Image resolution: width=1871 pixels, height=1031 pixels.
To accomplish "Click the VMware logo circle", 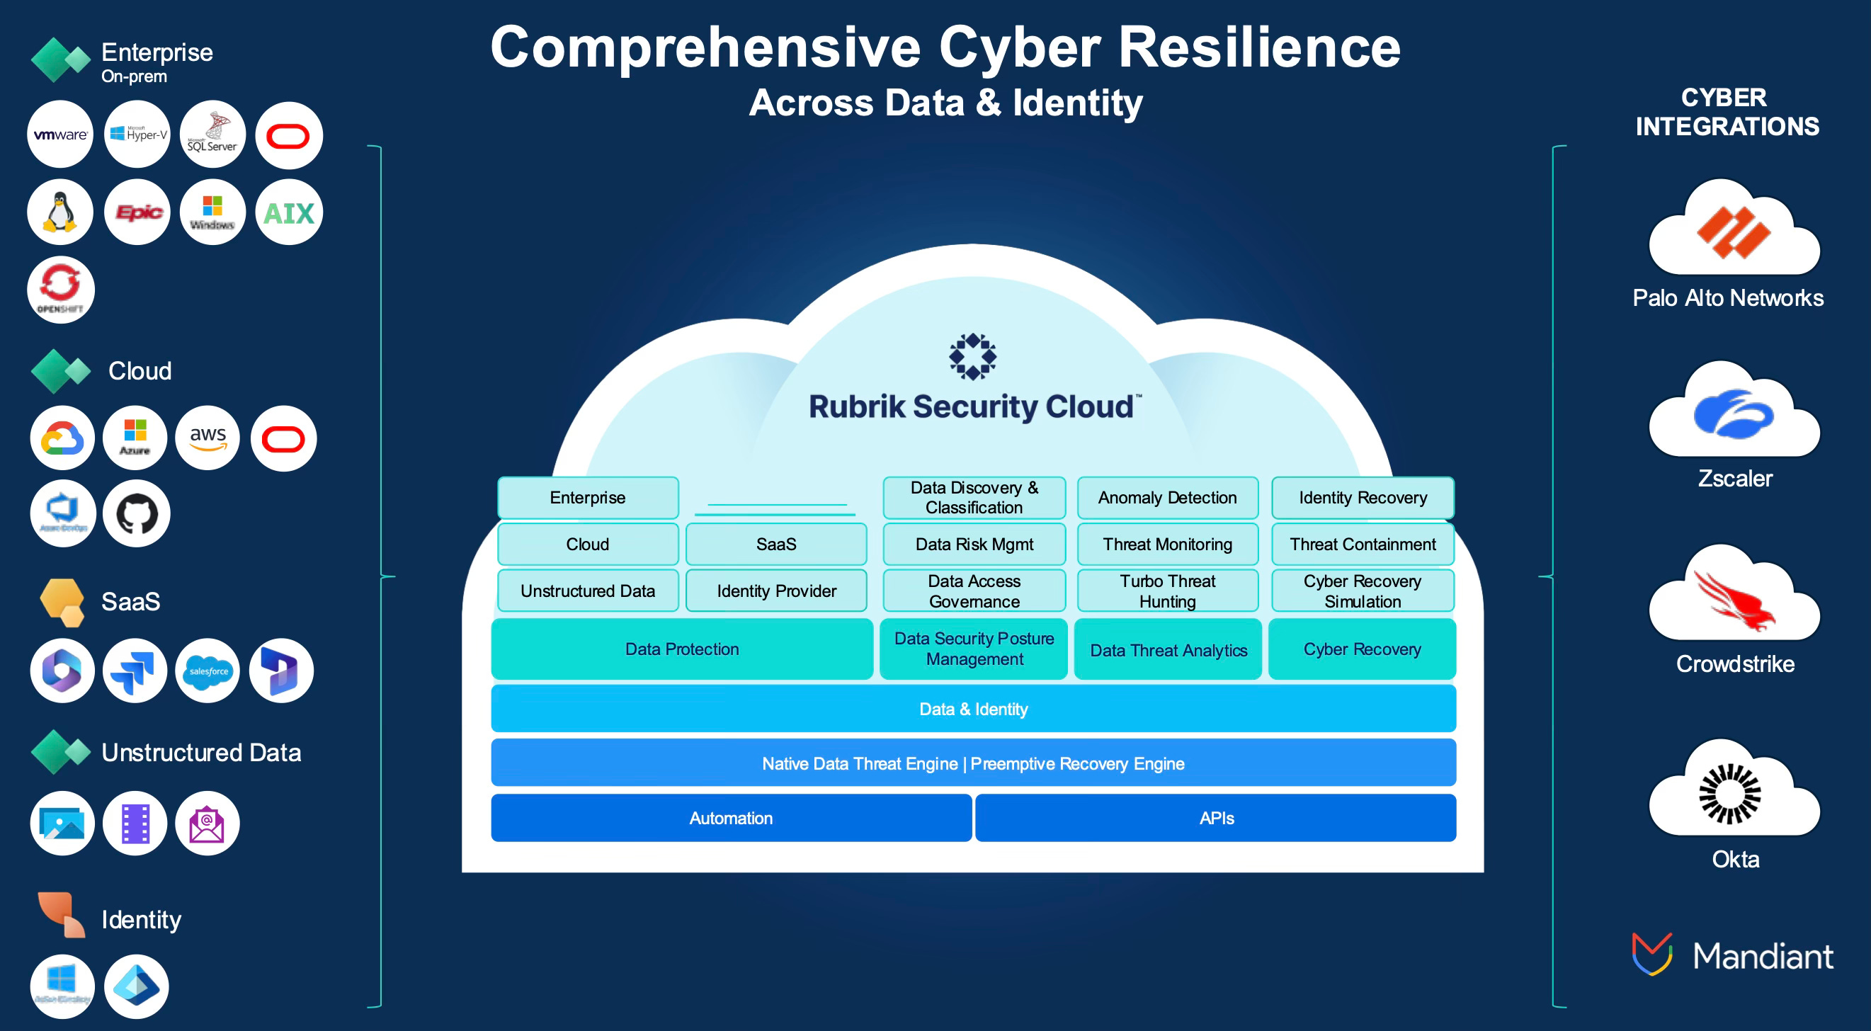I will click(x=60, y=135).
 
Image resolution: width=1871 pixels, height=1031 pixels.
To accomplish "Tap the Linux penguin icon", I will click(x=60, y=212).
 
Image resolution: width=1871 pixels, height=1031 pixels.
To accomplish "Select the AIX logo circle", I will click(x=288, y=212).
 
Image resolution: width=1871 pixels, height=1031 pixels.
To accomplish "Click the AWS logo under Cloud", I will click(x=207, y=438).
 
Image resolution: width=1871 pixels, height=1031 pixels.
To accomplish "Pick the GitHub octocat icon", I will click(x=137, y=513).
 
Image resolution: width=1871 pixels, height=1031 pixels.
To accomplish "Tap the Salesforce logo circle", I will click(x=207, y=671).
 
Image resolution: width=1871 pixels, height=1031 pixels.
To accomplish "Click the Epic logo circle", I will click(x=137, y=212).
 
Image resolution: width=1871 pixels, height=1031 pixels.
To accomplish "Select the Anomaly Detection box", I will click(x=1167, y=497).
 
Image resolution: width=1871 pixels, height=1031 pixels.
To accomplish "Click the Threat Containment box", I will click(x=1362, y=544).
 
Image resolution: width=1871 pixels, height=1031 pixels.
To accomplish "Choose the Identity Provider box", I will click(x=775, y=591).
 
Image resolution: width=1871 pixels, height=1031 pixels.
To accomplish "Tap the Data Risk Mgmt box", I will click(x=974, y=544).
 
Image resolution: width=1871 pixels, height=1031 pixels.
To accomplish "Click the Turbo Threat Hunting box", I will click(x=1167, y=591).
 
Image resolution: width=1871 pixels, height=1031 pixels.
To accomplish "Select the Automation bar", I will click(x=731, y=818).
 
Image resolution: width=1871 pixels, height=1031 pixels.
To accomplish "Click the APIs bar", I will click(x=1216, y=818).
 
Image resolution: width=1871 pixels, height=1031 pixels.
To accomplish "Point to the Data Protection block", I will click(x=681, y=649).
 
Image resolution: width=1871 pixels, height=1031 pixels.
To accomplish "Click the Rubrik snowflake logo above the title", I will click(x=972, y=356).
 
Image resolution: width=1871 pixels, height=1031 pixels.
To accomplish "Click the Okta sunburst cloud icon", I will click(x=1729, y=793).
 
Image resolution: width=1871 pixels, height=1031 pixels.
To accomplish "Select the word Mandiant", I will click(x=1762, y=955).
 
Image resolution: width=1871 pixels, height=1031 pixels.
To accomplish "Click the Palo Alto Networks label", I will click(x=1727, y=297).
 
